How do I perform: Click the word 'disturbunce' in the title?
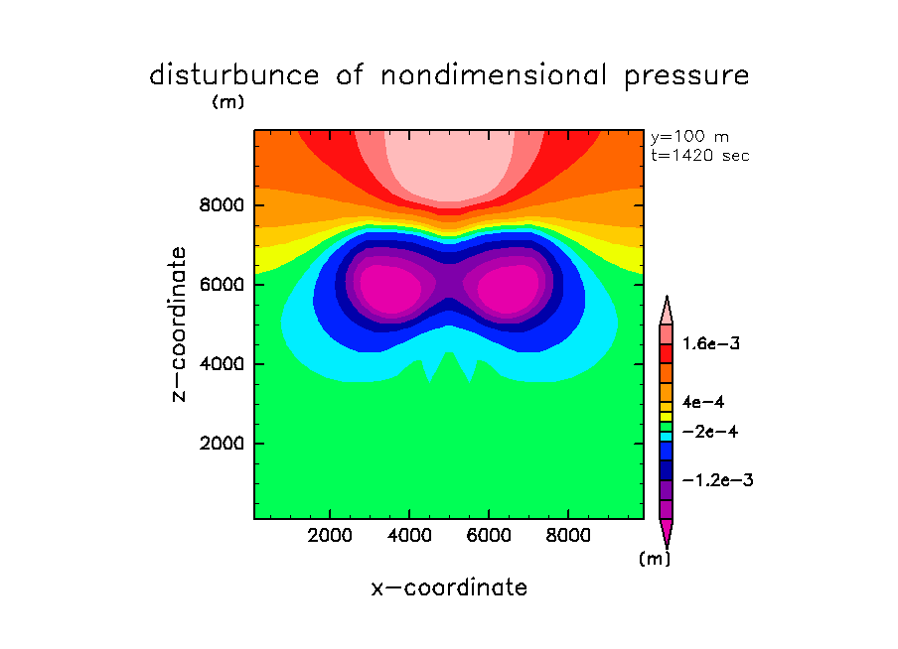pos(234,75)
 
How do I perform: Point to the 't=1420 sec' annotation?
pos(700,155)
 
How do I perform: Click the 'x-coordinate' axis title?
pos(449,587)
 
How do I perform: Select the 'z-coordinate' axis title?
pos(180,324)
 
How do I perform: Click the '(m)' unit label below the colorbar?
pos(655,559)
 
